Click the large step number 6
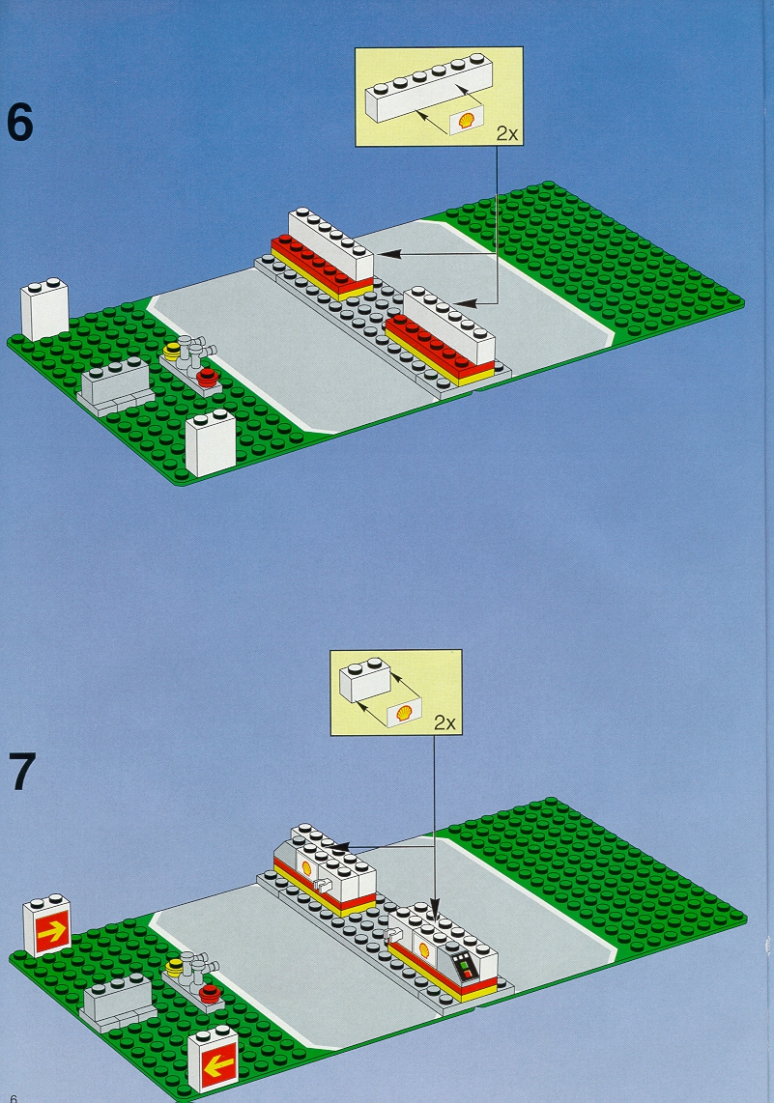(19, 122)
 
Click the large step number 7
(22, 771)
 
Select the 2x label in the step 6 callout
(506, 133)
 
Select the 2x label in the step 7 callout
(444, 722)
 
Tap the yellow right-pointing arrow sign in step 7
(48, 925)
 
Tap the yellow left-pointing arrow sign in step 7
(214, 1061)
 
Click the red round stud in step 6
(207, 376)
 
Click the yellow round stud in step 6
(172, 350)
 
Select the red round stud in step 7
(210, 993)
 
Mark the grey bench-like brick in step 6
(115, 384)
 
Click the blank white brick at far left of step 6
(45, 309)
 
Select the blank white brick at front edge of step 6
(211, 443)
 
